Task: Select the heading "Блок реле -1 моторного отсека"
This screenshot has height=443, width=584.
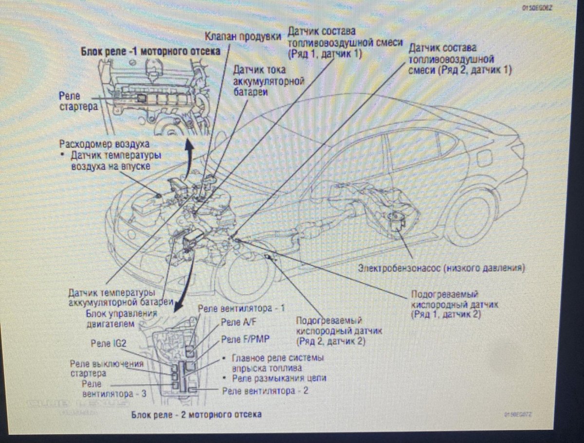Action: pyautogui.click(x=150, y=51)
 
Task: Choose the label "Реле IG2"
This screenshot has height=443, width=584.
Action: pyautogui.click(x=109, y=343)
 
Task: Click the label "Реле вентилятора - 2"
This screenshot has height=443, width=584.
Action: pyautogui.click(x=265, y=391)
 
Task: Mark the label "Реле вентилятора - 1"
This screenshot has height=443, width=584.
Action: pyautogui.click(x=241, y=308)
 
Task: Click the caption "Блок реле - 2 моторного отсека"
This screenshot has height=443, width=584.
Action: pyautogui.click(x=196, y=414)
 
